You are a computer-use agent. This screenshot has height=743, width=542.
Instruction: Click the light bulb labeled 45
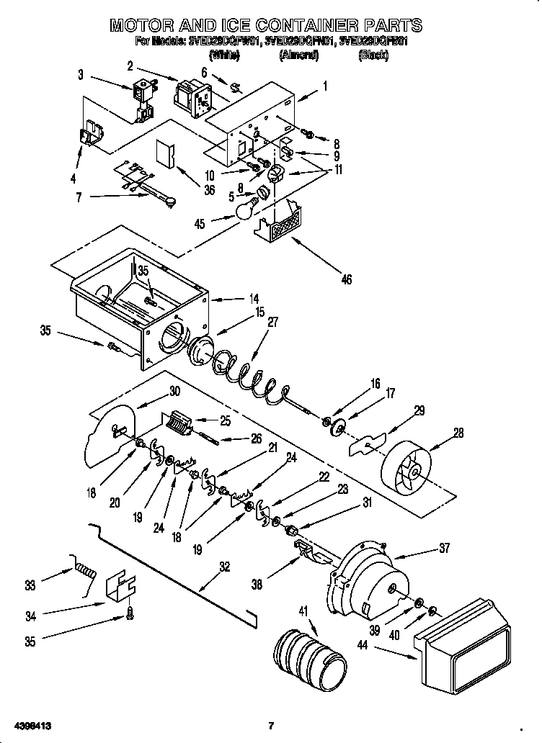pyautogui.click(x=246, y=210)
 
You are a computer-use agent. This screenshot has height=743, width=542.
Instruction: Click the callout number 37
pyautogui.click(x=444, y=549)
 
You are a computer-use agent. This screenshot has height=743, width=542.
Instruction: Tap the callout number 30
pyautogui.click(x=174, y=392)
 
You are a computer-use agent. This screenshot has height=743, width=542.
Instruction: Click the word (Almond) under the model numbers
pyautogui.click(x=298, y=55)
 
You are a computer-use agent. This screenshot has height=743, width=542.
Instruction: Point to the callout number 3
pyautogui.click(x=81, y=73)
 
